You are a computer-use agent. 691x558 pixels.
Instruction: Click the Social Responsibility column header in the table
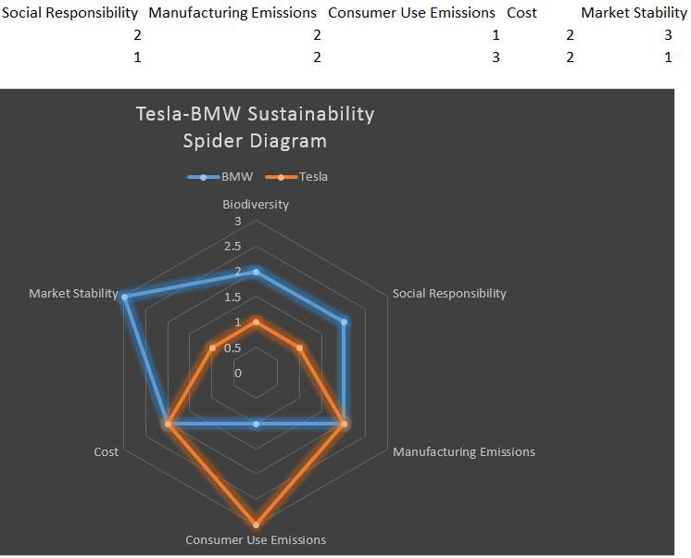coord(69,13)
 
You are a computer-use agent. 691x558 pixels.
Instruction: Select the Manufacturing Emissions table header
coord(232,13)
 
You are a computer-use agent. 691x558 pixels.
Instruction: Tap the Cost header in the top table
coord(521,13)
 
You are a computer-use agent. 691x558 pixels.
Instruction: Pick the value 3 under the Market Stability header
coord(667,35)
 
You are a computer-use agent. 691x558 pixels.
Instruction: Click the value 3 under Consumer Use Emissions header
coord(496,57)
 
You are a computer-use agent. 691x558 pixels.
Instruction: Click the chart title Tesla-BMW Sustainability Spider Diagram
coord(255,127)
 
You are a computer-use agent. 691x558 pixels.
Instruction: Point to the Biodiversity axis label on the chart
coord(256,204)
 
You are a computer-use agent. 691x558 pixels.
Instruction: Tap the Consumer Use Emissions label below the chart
coord(256,539)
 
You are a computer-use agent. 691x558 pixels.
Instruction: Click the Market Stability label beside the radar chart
coord(73,294)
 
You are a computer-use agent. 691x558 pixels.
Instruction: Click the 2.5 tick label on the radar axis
coord(231,247)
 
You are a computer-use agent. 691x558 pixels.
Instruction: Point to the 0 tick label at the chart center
coord(237,374)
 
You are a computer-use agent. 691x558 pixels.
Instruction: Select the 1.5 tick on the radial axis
coord(231,298)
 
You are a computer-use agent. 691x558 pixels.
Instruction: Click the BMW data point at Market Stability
coord(124,297)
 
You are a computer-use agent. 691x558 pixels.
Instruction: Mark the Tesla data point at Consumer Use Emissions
coord(257,524)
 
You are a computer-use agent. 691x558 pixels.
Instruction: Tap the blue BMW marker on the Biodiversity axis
coord(257,272)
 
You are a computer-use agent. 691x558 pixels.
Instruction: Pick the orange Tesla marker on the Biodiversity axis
coord(257,322)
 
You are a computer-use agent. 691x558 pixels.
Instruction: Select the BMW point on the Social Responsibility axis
coord(344,323)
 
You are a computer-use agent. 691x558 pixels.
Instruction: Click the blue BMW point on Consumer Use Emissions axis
coord(257,424)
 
